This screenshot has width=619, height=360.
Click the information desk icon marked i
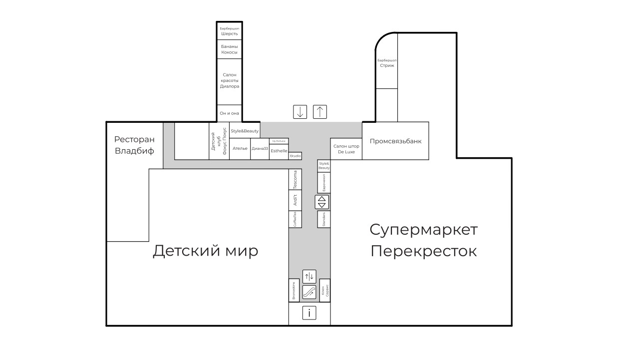309,313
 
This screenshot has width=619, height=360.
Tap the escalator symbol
309,292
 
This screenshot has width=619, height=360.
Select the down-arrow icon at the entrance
300,112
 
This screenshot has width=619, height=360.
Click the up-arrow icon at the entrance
319,112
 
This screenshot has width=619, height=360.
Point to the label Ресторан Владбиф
134,145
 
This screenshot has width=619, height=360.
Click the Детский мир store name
205,250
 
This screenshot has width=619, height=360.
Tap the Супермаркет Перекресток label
423,240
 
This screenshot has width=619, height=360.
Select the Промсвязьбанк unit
395,141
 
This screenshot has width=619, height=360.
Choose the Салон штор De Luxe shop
346,149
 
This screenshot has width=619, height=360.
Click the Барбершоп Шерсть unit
230,31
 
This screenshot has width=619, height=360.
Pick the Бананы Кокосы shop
230,49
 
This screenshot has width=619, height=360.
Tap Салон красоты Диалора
230,80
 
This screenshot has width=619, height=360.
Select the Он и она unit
230,113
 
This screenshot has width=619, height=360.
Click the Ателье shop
240,149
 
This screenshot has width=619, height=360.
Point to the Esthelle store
279,151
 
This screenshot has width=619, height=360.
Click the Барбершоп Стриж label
387,62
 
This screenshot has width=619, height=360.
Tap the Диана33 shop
260,149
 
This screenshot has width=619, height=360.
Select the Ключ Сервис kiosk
325,290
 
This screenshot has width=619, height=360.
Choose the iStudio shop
296,156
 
